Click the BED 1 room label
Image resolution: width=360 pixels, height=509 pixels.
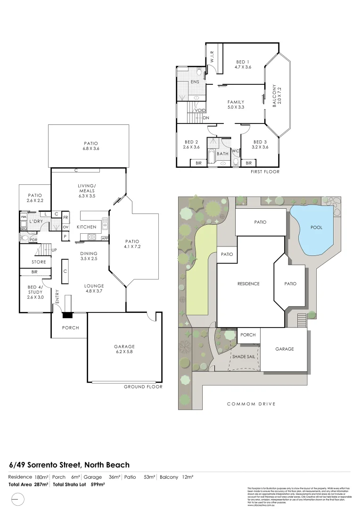pos(243,64)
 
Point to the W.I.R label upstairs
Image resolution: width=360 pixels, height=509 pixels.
pos(212,57)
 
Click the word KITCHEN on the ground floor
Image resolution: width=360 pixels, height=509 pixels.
pos(86,227)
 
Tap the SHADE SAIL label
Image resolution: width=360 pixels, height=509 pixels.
pos(244,357)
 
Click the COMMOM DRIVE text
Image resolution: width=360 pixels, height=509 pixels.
pos(251,404)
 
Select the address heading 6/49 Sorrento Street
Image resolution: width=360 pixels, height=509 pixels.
pos(69,465)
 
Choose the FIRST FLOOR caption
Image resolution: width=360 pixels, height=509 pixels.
pos(265,172)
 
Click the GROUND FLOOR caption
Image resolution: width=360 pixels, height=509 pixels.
pos(143,386)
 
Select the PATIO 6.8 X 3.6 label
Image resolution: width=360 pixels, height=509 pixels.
pos(89,146)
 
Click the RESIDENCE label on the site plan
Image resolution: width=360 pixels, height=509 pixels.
pos(248,284)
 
